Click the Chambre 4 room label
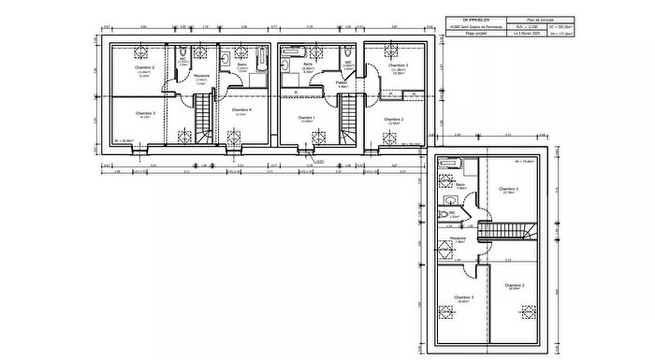pyautogui.click(x=242, y=110)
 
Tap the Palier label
pyautogui.click(x=342, y=82)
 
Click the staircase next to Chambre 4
pyautogui.click(x=204, y=121)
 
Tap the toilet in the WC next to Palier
pyautogui.click(x=347, y=53)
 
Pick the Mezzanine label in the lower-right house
pyautogui.click(x=458, y=238)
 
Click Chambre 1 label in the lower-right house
pyautogui.click(x=510, y=189)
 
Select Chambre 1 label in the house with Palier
pyautogui.click(x=306, y=119)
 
